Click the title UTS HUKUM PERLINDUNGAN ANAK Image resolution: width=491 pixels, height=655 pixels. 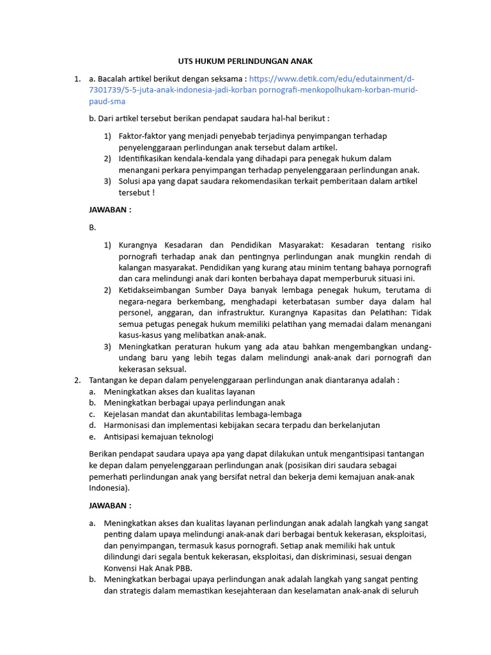[245, 61]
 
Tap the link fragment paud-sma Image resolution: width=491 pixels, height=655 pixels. [107, 101]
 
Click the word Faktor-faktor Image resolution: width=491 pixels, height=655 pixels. [143, 136]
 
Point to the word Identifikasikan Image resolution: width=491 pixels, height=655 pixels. [149, 158]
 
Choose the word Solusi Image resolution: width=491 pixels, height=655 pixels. [131, 180]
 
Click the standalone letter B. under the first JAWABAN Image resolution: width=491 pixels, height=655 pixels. [92, 226]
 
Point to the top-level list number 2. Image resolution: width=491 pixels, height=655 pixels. [77, 380]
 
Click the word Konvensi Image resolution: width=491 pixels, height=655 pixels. [123, 568]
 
